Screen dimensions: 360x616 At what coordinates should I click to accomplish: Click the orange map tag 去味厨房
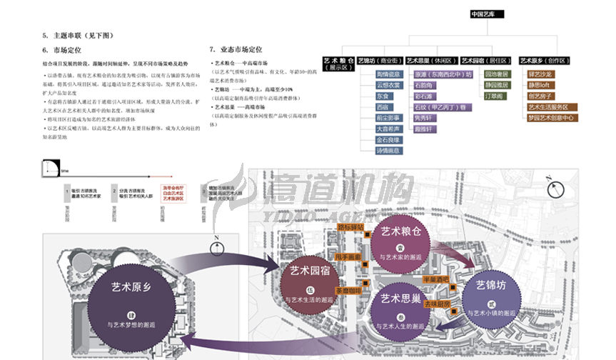click(438, 304)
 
